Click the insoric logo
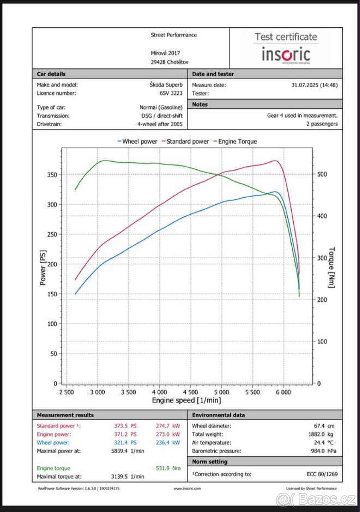point(286,55)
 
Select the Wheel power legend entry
point(138,141)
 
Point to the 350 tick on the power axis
point(52,175)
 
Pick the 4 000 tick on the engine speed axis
point(159,392)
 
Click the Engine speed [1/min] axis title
point(187,400)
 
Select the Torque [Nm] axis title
point(332,268)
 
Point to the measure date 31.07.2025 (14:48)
point(314,85)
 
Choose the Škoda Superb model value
point(169,85)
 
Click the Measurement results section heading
point(65,415)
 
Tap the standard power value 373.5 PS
point(127,426)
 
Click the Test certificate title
point(286,37)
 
